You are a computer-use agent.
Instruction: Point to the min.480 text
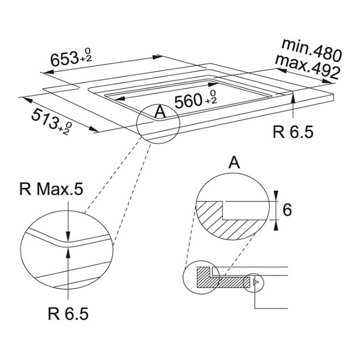pyautogui.click(x=312, y=51)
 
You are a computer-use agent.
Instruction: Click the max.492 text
pyautogui.click(x=307, y=67)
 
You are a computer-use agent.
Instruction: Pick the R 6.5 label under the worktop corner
pyautogui.click(x=293, y=132)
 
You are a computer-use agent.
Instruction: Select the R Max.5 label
pyautogui.click(x=51, y=190)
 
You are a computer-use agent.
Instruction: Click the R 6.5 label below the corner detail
pyautogui.click(x=68, y=314)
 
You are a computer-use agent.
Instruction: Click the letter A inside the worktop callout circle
pyautogui.click(x=160, y=112)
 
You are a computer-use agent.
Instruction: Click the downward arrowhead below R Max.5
pyautogui.click(x=68, y=236)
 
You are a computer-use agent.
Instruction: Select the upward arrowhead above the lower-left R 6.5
pyautogui.click(x=68, y=252)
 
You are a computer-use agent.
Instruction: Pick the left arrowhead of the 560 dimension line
pyautogui.click(x=119, y=99)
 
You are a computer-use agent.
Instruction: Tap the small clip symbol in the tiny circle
pyautogui.click(x=255, y=282)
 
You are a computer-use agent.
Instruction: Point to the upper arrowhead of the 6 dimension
pyautogui.click(x=276, y=195)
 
